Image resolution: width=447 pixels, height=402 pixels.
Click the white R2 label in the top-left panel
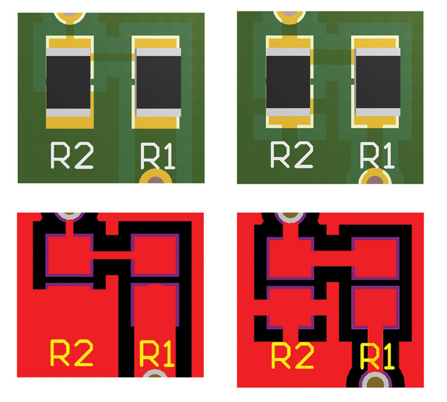(71, 156)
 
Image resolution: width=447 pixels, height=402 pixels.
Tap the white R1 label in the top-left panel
(157, 157)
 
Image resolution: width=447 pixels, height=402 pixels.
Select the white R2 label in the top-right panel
(291, 154)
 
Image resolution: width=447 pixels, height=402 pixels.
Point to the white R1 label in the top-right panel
(377, 156)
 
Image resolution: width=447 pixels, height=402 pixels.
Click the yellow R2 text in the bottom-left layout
(71, 354)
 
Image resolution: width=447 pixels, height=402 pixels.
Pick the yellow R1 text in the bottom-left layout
(157, 354)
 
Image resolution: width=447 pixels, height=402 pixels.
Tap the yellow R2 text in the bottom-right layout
(291, 356)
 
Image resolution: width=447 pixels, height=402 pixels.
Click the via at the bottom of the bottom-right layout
(375, 381)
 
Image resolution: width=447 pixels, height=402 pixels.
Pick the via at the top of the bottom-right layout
(290, 215)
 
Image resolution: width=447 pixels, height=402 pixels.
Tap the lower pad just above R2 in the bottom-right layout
(290, 307)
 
